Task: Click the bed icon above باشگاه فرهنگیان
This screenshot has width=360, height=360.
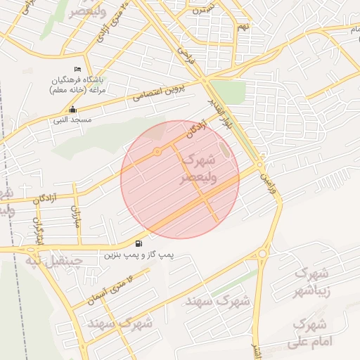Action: click(77, 69)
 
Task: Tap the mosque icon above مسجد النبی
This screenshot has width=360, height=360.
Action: click(73, 110)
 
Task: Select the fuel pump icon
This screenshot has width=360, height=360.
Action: click(137, 244)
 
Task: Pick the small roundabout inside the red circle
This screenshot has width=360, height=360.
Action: click(157, 152)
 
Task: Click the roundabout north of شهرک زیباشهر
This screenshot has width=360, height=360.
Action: click(262, 254)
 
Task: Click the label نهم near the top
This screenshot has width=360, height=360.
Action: click(243, 27)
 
